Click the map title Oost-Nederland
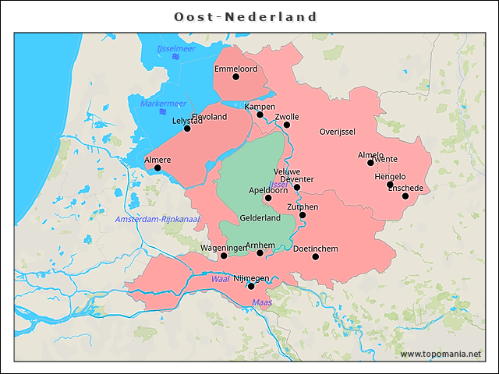coord(246,16)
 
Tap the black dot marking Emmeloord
coord(235,76)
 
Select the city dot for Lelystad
coord(187,128)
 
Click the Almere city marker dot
coord(157,168)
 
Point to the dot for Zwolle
coord(287,125)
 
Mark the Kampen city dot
coord(260,115)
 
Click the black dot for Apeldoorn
coord(268,198)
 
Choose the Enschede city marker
coord(405,196)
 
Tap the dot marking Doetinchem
coord(316,256)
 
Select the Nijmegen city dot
coord(251,286)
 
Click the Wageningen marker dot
coord(224,256)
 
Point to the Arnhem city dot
coord(260,252)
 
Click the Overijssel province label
coord(338,132)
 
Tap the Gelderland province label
coord(260,218)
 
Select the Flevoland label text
coord(209,117)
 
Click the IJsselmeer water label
coord(176,49)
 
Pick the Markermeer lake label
coord(163,104)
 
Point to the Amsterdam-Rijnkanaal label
coord(157,220)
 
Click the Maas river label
coord(260,302)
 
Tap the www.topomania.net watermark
coord(441,355)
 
